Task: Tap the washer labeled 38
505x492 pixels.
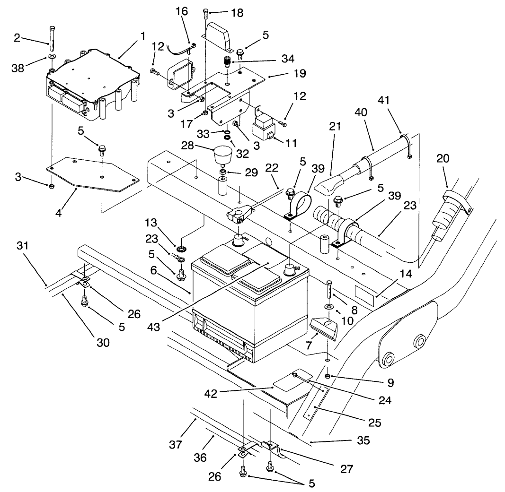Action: [50, 58]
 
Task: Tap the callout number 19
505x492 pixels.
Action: [299, 74]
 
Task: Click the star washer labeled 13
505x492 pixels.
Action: [180, 249]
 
